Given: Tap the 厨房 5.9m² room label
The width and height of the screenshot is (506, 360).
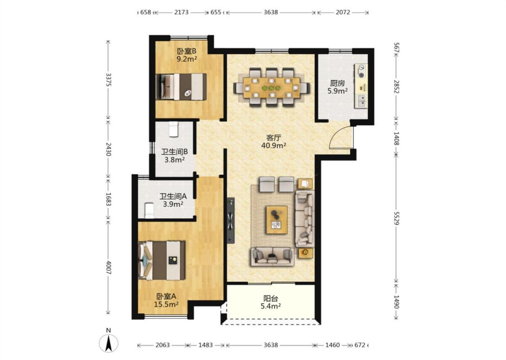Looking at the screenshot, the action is (x=337, y=87).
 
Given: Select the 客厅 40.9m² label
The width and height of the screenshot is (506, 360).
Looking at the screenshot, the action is (x=273, y=141).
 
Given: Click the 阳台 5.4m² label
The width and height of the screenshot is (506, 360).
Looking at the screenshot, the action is (x=270, y=302).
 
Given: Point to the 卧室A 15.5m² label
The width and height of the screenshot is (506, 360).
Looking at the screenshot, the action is (x=166, y=300).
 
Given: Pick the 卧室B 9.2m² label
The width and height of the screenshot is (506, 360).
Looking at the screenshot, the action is (x=187, y=55).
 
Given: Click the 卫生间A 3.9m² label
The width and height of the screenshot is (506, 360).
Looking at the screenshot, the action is (x=173, y=200).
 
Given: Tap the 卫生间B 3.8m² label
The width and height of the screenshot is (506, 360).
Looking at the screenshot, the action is (x=175, y=156).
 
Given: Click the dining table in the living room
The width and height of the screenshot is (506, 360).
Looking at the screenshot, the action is (x=271, y=87).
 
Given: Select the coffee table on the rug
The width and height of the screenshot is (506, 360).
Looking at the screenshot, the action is (x=277, y=220).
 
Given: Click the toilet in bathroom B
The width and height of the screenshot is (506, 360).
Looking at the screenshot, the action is (x=174, y=129).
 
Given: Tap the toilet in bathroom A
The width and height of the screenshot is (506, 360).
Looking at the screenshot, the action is (x=149, y=211).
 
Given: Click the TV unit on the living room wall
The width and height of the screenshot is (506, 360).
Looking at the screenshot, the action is (x=230, y=220).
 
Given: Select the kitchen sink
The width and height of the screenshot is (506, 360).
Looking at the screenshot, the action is (x=361, y=101).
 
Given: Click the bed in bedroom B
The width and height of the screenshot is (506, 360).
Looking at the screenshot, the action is (x=181, y=87).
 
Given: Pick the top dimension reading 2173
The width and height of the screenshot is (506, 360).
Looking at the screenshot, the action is (x=181, y=12).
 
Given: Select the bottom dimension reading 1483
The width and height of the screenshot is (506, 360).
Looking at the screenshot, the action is (x=206, y=345).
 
